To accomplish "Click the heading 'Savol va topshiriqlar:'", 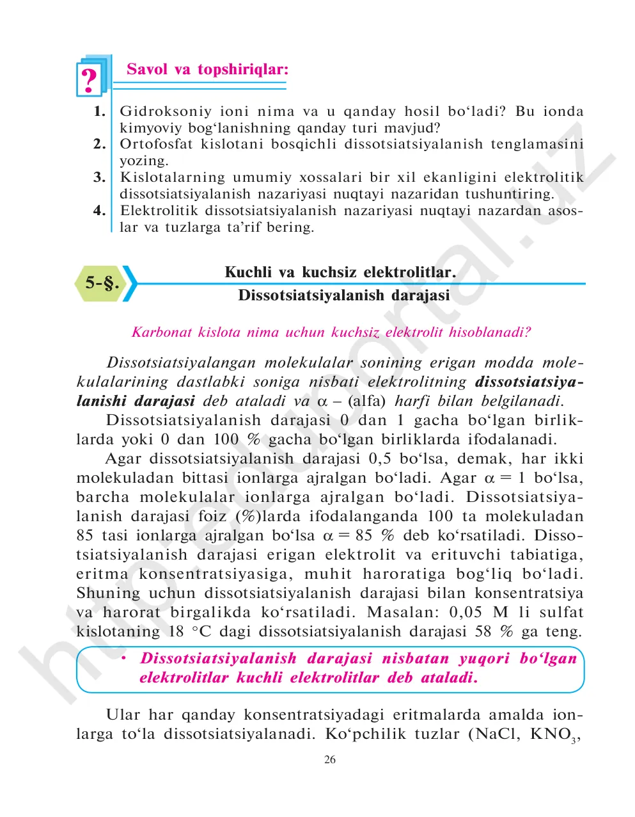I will pyautogui.click(x=207, y=69).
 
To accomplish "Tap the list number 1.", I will pyautogui.click(x=99, y=111).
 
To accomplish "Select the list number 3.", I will pyautogui.click(x=99, y=177).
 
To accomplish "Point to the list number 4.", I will pyautogui.click(x=99, y=210).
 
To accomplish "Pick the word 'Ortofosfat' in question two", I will pyautogui.click(x=156, y=144).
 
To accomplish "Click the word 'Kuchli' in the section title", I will pyautogui.click(x=248, y=272).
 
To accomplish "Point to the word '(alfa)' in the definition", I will pyautogui.click(x=366, y=401).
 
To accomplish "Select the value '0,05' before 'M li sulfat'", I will pyautogui.click(x=466, y=613).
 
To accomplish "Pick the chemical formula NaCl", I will pyautogui.click(x=498, y=734).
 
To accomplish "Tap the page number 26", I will pyautogui.click(x=330, y=760).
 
